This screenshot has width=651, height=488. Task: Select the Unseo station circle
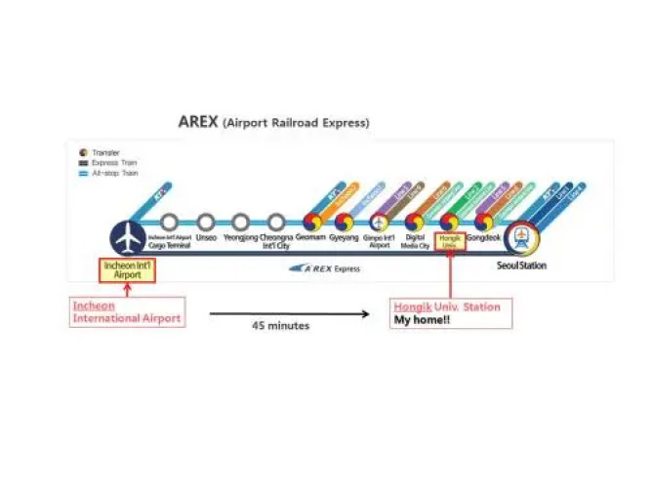pyautogui.click(x=206, y=223)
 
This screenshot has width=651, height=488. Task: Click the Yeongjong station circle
pyautogui.click(x=242, y=223)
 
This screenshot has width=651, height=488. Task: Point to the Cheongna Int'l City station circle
pyautogui.click(x=277, y=223)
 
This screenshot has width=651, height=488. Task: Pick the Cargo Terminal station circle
pyautogui.click(x=170, y=223)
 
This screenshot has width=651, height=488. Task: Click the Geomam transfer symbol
pyautogui.click(x=312, y=222)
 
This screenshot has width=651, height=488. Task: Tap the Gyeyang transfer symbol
pyautogui.click(x=344, y=222)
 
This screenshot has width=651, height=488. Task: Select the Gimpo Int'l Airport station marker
pyautogui.click(x=379, y=222)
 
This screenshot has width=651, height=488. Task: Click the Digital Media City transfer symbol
pyautogui.click(x=414, y=222)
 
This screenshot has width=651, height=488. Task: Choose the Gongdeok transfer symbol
pyautogui.click(x=484, y=222)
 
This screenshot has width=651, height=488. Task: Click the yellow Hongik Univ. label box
pyautogui.click(x=450, y=241)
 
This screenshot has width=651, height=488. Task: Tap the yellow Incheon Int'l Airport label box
pyautogui.click(x=127, y=269)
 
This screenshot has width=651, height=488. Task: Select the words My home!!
pyautogui.click(x=422, y=319)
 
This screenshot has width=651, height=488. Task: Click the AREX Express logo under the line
pyautogui.click(x=331, y=267)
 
